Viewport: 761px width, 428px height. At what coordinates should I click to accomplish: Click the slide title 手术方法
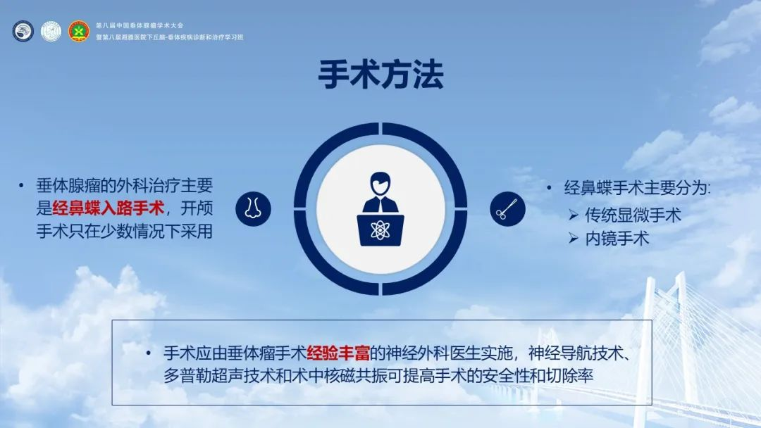click(x=380, y=75)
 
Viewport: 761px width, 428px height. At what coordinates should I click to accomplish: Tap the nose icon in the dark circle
click(x=253, y=208)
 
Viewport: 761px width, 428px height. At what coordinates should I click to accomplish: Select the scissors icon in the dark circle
click(x=507, y=209)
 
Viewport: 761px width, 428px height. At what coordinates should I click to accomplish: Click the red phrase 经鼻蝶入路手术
click(x=108, y=208)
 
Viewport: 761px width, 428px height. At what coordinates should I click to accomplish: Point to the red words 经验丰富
click(x=338, y=353)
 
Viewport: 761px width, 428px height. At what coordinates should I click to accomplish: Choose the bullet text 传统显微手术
click(x=633, y=215)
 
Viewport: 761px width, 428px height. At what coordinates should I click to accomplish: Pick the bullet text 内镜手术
click(x=617, y=239)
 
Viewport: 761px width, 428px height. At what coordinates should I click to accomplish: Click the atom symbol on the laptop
click(x=380, y=229)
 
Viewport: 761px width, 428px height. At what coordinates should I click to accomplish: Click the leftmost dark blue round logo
click(x=23, y=31)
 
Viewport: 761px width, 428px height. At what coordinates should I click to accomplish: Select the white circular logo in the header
click(x=51, y=31)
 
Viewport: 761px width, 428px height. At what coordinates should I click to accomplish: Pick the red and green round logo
click(x=79, y=31)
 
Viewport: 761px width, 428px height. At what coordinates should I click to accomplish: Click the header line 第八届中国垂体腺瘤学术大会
click(x=140, y=25)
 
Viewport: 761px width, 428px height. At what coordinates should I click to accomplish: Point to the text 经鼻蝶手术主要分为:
click(x=637, y=187)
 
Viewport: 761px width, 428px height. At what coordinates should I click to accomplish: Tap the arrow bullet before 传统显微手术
click(x=573, y=215)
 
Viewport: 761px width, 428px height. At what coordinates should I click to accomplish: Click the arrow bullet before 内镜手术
click(x=573, y=239)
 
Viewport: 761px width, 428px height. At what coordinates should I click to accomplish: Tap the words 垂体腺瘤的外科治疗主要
click(x=125, y=186)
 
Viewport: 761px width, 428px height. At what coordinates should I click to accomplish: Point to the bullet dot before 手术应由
click(x=149, y=353)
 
